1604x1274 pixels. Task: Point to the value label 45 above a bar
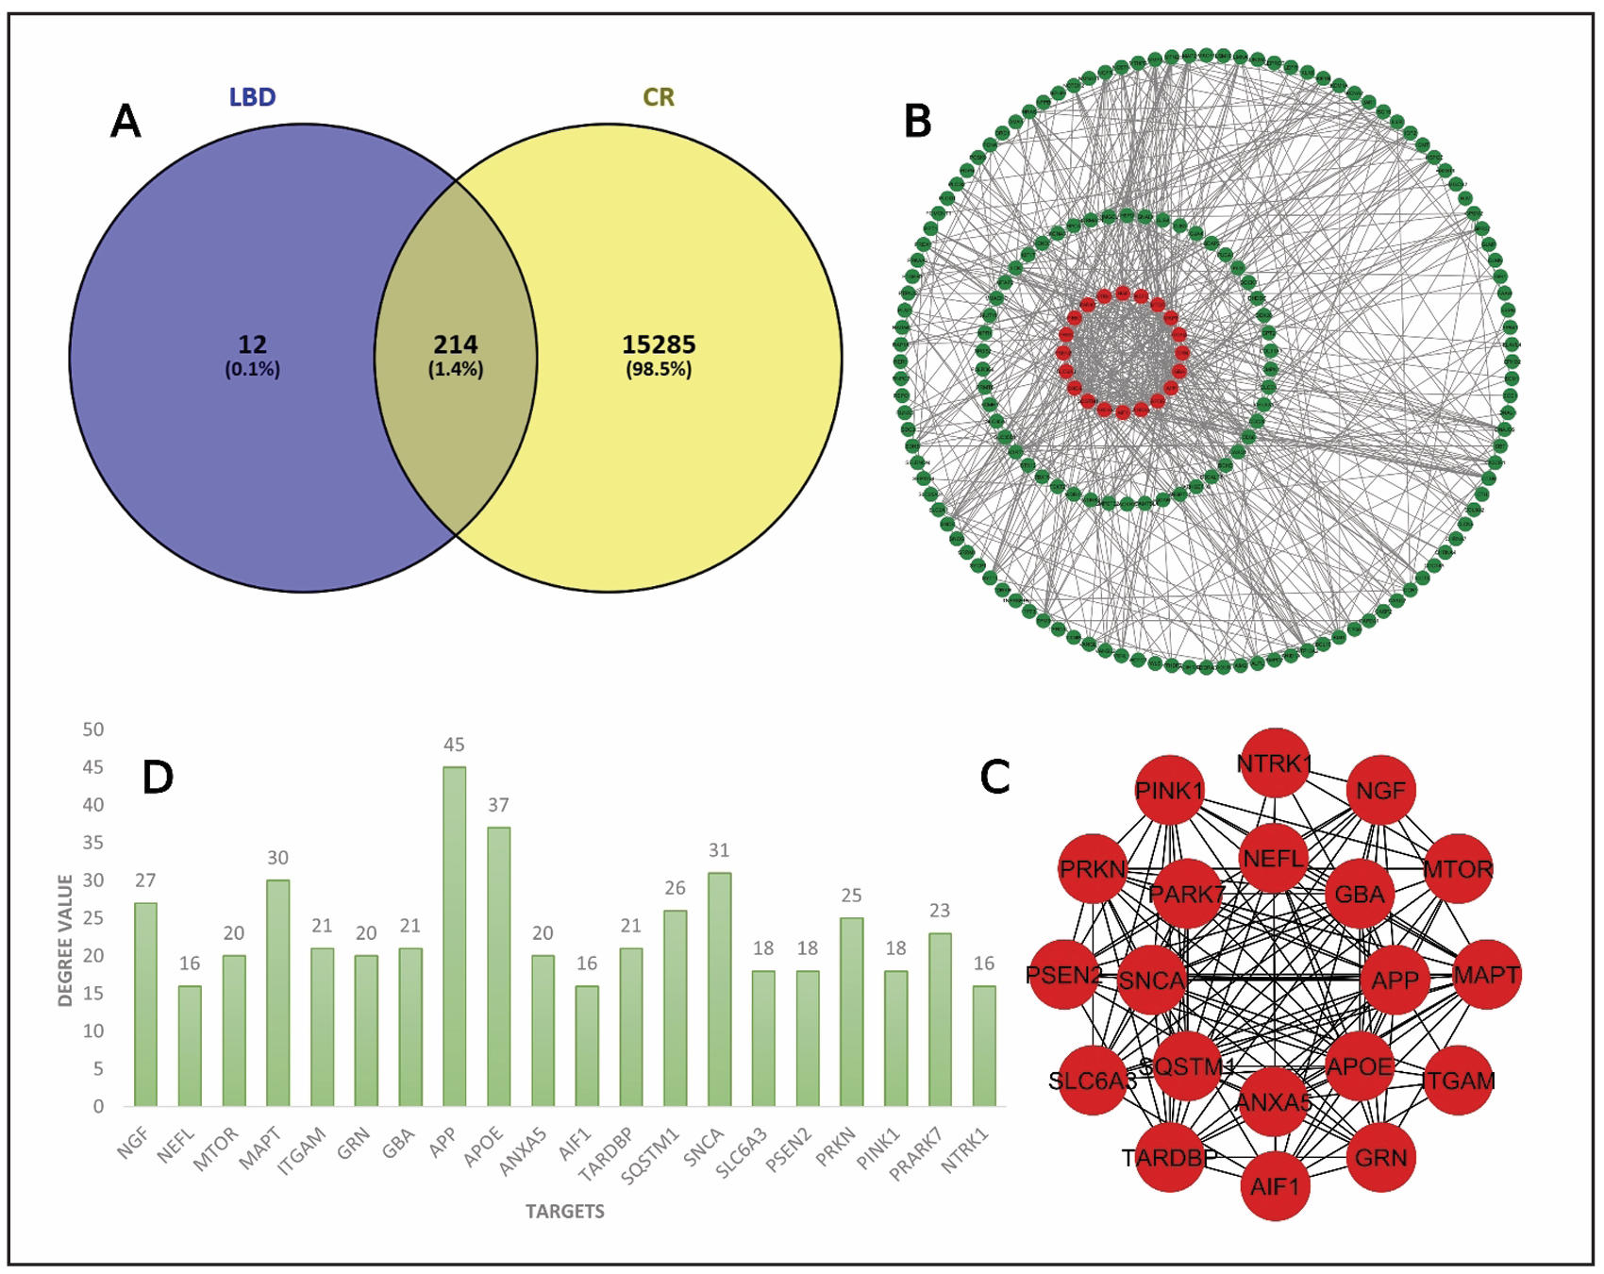tap(454, 745)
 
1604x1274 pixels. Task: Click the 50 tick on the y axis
tap(93, 729)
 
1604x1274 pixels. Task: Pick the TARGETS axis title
tap(564, 1211)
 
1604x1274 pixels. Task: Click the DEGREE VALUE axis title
tap(65, 940)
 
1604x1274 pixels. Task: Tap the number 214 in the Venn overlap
tap(456, 344)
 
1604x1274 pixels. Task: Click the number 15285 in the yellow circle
tap(659, 344)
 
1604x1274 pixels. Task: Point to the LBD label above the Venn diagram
tap(252, 97)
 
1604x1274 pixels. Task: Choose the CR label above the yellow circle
tap(659, 97)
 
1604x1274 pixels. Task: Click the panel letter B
tap(917, 122)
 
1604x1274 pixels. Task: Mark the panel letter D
tap(158, 777)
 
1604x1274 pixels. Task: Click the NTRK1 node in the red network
tap(1275, 763)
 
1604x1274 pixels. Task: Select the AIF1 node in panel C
tap(1275, 1185)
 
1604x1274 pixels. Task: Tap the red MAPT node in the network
tap(1486, 975)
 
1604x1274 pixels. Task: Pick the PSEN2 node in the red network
tap(1064, 975)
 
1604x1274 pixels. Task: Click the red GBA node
tap(1359, 894)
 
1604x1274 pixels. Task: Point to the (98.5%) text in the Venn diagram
tap(659, 369)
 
